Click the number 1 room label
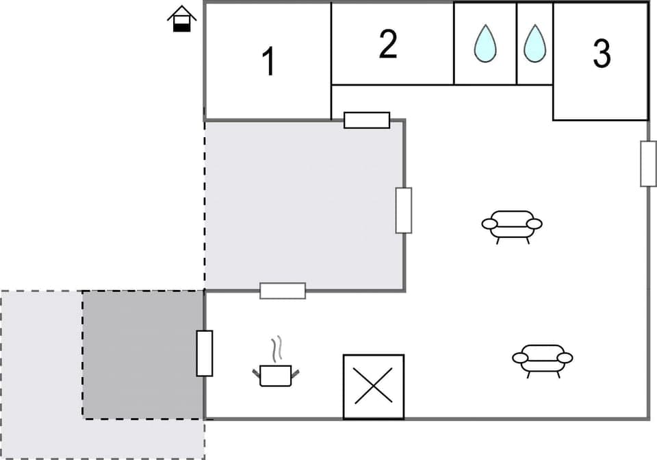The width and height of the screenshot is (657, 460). [x=269, y=62]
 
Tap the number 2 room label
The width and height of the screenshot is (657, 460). [x=388, y=45]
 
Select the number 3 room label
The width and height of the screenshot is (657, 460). [x=602, y=54]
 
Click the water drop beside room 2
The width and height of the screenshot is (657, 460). [x=485, y=44]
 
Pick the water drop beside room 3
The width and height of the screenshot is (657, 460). [x=534, y=44]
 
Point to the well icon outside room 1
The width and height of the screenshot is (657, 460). [x=181, y=19]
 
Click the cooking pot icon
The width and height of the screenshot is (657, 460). [x=276, y=374]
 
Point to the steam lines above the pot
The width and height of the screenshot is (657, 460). [x=276, y=348]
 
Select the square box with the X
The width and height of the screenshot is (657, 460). [x=373, y=386]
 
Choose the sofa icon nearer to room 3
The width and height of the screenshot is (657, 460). [x=512, y=225]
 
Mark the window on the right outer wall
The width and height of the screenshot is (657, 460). [x=648, y=163]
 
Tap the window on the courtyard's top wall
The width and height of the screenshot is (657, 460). [x=367, y=120]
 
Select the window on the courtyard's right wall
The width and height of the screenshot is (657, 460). [x=404, y=210]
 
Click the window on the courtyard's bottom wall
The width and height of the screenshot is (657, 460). [x=283, y=291]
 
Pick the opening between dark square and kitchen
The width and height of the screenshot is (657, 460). [x=205, y=353]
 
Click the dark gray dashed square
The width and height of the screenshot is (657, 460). [x=143, y=354]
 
